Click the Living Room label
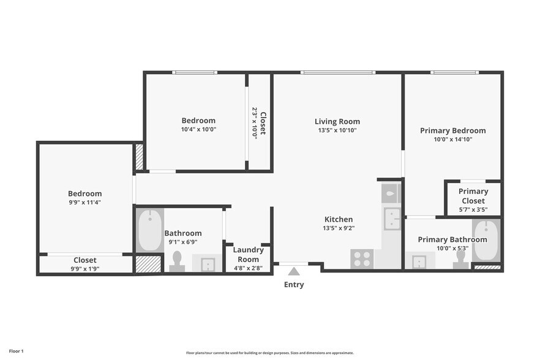(337, 121)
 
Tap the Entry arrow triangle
(294, 271)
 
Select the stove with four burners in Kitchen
(362, 259)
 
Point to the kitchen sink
(391, 218)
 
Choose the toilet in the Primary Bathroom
(459, 260)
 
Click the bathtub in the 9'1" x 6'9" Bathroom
(149, 230)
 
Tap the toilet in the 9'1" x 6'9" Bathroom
(177, 261)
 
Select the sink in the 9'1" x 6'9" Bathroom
(208, 263)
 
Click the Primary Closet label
(473, 196)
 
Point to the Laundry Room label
(249, 254)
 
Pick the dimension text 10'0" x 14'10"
(452, 140)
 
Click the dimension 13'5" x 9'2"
(338, 228)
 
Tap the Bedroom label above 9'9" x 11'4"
(84, 193)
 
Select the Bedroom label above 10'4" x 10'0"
(198, 121)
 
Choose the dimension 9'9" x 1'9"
(84, 269)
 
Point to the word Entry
(294, 285)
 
